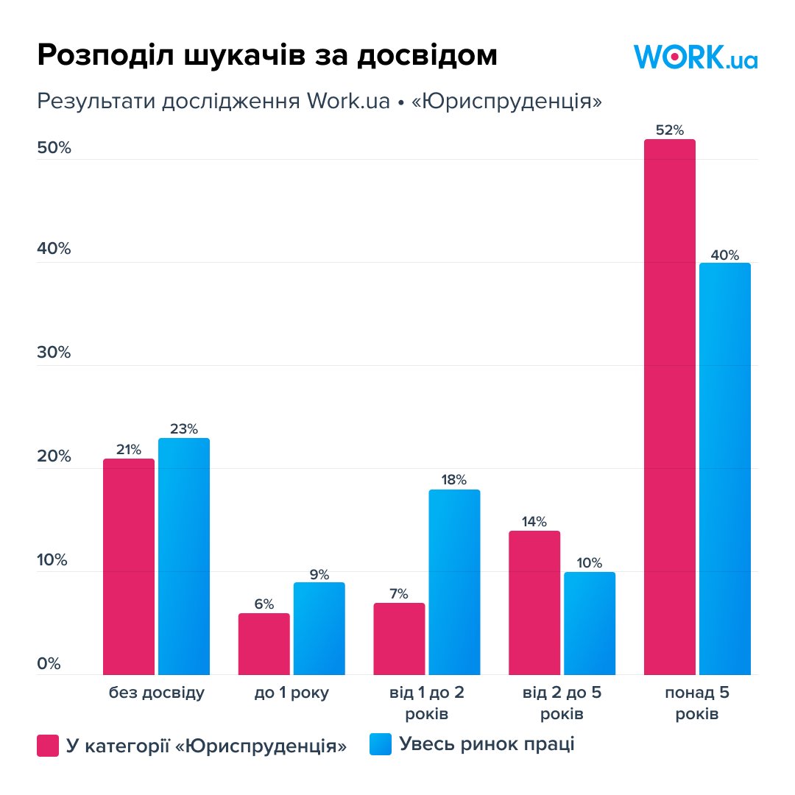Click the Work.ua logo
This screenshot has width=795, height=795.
695,57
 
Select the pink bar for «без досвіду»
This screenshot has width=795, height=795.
129,566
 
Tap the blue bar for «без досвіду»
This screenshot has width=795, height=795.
184,556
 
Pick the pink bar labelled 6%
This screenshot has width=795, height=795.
264,643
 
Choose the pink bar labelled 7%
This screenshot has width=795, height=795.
399,638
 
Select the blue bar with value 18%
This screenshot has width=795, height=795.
454,582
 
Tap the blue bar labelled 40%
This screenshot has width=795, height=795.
724,468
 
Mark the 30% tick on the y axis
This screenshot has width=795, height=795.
54,353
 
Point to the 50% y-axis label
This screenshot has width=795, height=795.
54,148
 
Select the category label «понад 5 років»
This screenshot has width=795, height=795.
697,703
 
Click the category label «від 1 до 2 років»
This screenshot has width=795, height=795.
427,703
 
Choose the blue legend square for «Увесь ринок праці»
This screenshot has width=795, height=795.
380,744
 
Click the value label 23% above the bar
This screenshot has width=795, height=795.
183,428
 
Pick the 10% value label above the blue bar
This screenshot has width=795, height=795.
589,562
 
